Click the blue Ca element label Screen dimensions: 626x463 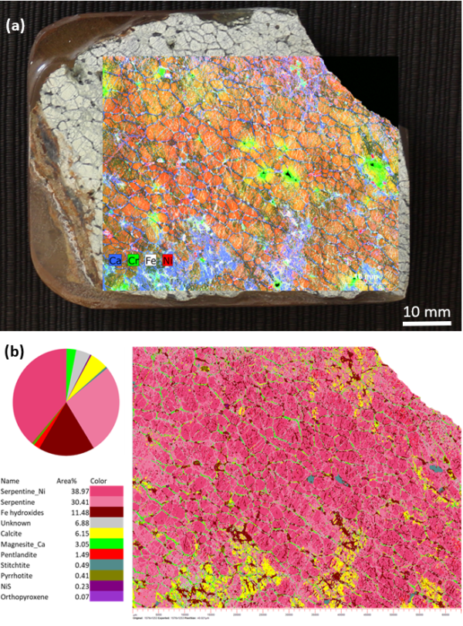(115, 261)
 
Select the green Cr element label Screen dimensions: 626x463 (133, 261)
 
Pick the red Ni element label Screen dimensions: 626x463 (167, 261)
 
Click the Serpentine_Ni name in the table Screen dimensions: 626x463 (22, 491)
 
